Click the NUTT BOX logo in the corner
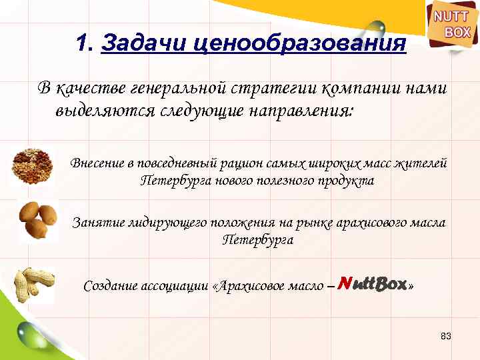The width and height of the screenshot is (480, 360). click(x=452, y=25)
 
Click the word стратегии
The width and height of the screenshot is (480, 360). click(x=274, y=87)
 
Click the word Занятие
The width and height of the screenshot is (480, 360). click(x=93, y=222)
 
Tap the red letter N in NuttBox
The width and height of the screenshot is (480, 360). click(x=343, y=284)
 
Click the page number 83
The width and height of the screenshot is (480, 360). click(x=446, y=336)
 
